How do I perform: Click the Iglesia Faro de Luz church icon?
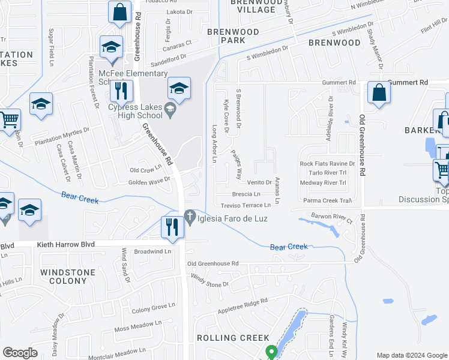[x=190, y=215]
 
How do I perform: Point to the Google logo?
[x=20, y=353]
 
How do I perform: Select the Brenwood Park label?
[x=233, y=36]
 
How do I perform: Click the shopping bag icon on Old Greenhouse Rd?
[x=379, y=92]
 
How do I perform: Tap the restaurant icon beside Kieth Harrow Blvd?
[x=172, y=227]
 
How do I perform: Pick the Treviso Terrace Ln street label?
[x=246, y=205]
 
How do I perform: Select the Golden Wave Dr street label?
[x=149, y=181]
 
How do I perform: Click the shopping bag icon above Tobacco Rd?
[x=120, y=11]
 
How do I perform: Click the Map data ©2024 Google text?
[x=412, y=355]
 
